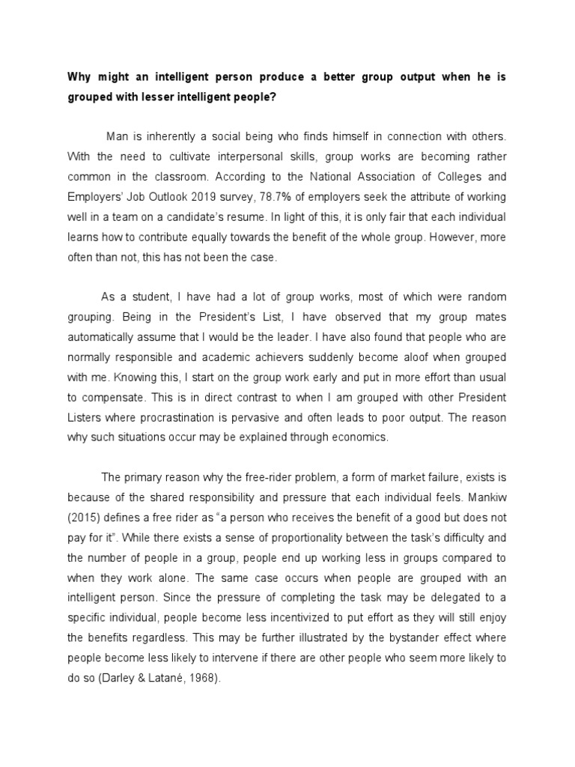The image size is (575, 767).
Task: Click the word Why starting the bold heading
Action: coord(79,76)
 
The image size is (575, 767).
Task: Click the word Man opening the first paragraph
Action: coord(118,137)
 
